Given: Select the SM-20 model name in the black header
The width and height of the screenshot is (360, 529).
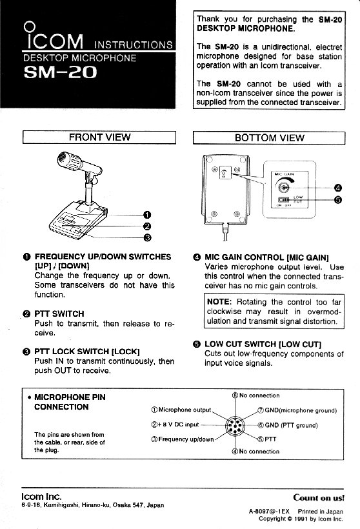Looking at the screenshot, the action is pos(60,72).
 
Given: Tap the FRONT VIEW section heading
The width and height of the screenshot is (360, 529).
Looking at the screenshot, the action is pos(99,137).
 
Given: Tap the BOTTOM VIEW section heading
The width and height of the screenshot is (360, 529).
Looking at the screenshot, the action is pos(269,137).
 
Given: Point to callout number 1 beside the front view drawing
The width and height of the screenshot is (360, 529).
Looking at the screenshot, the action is pos(147,215).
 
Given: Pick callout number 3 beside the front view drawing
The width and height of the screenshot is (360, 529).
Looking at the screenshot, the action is pos(147,238).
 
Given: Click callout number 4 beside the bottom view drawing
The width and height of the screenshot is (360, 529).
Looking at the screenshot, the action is pos(337,188).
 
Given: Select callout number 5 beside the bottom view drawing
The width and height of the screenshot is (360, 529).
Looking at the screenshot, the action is pos(337,200).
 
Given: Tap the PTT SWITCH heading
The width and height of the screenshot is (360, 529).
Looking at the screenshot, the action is pos(59,314).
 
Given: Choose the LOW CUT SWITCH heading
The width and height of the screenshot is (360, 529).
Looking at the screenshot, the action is pos(263,344).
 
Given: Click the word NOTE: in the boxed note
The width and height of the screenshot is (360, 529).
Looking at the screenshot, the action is pos(219,302).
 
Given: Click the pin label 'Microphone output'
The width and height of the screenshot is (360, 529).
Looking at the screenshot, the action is pos(185,410).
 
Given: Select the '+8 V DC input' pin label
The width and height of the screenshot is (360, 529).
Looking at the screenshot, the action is pos(178,424).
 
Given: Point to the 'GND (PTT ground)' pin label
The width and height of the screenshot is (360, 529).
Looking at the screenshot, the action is pos(291,425).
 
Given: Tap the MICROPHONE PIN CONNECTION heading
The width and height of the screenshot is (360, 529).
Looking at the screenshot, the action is pos(70,402).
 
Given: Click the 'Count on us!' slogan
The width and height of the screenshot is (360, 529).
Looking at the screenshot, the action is pos(319,497).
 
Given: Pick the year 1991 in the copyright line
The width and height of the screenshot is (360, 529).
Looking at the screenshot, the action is pos(301,519).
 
